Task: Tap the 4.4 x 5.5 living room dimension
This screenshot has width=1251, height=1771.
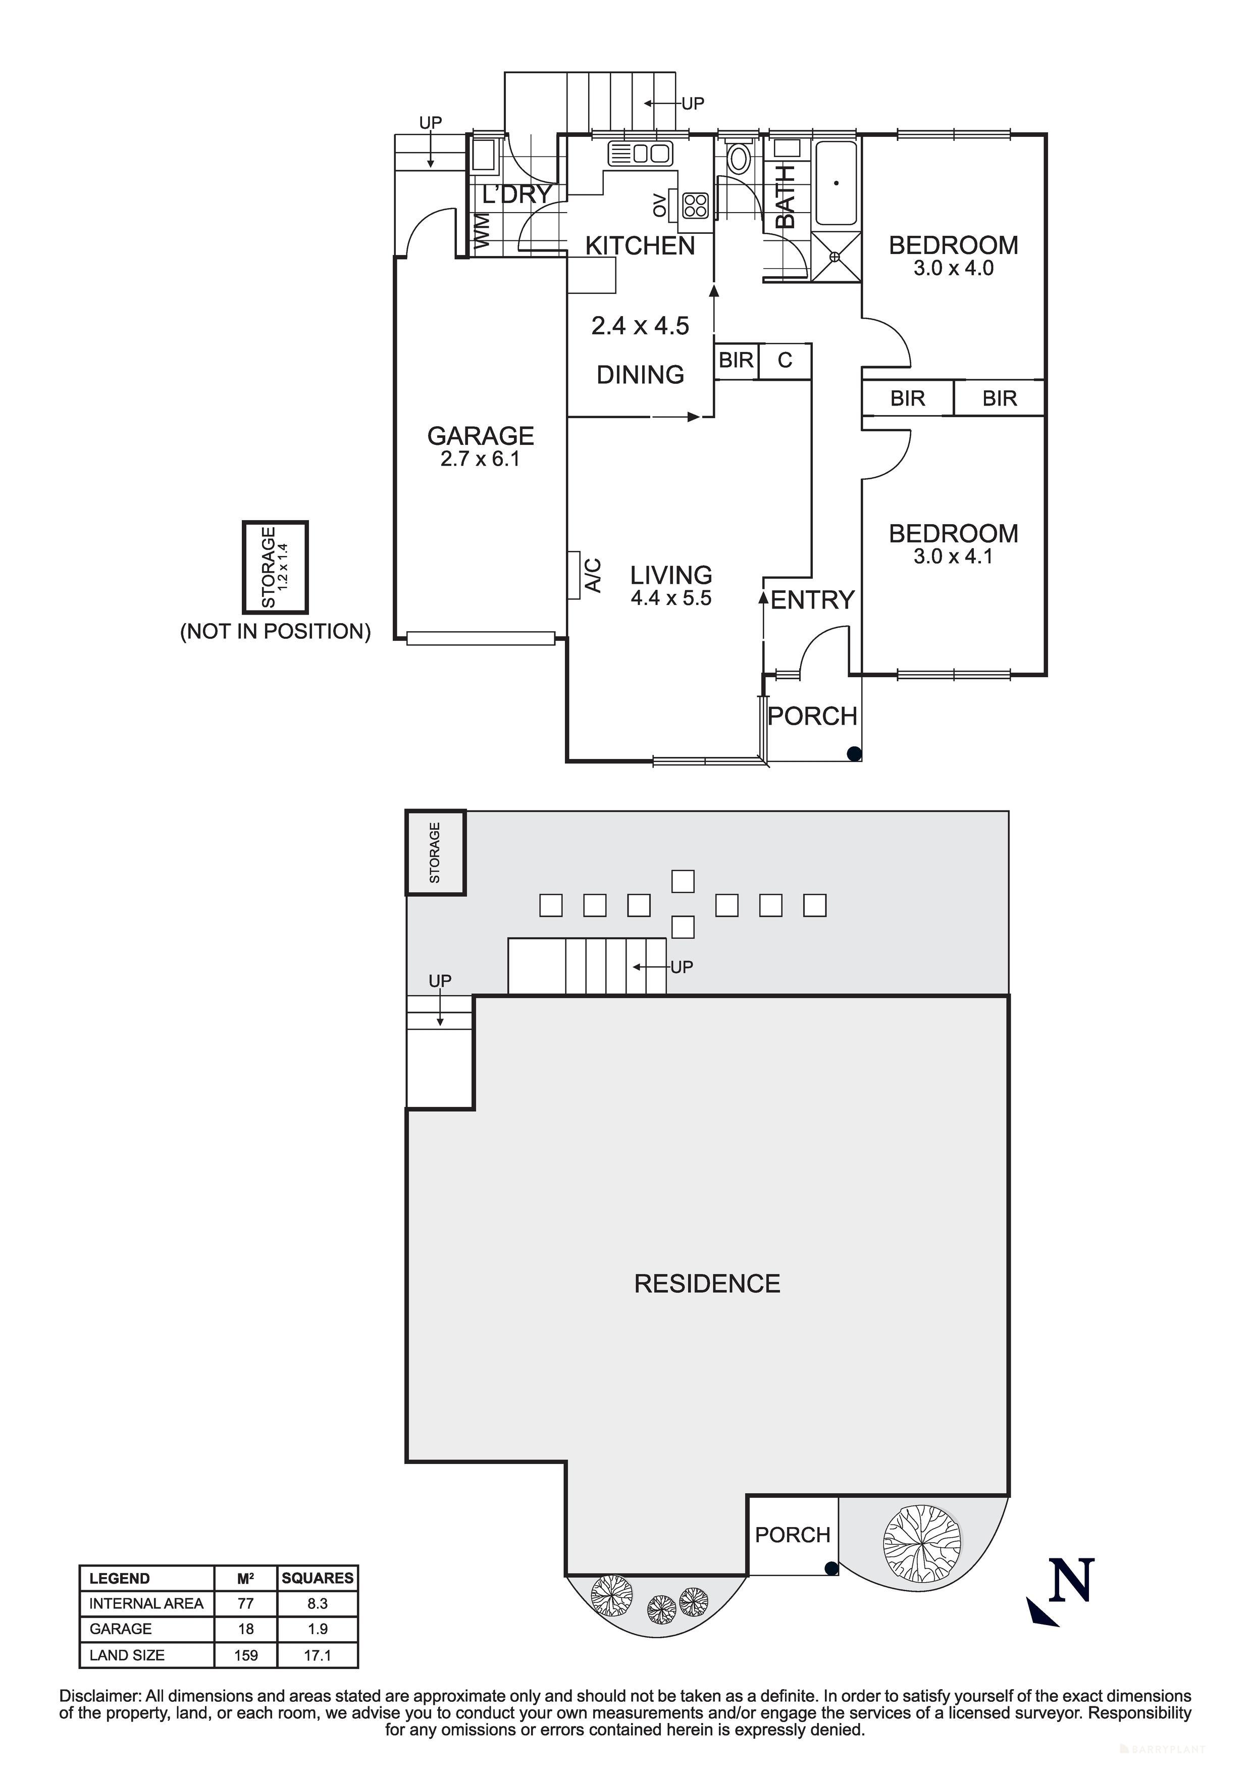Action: click(670, 598)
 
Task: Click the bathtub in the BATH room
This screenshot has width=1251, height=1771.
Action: click(836, 183)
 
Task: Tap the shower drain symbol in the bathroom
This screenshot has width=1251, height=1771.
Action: click(835, 257)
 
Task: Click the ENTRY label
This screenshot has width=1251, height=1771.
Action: click(812, 599)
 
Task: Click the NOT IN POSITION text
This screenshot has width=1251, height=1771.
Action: click(275, 632)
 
